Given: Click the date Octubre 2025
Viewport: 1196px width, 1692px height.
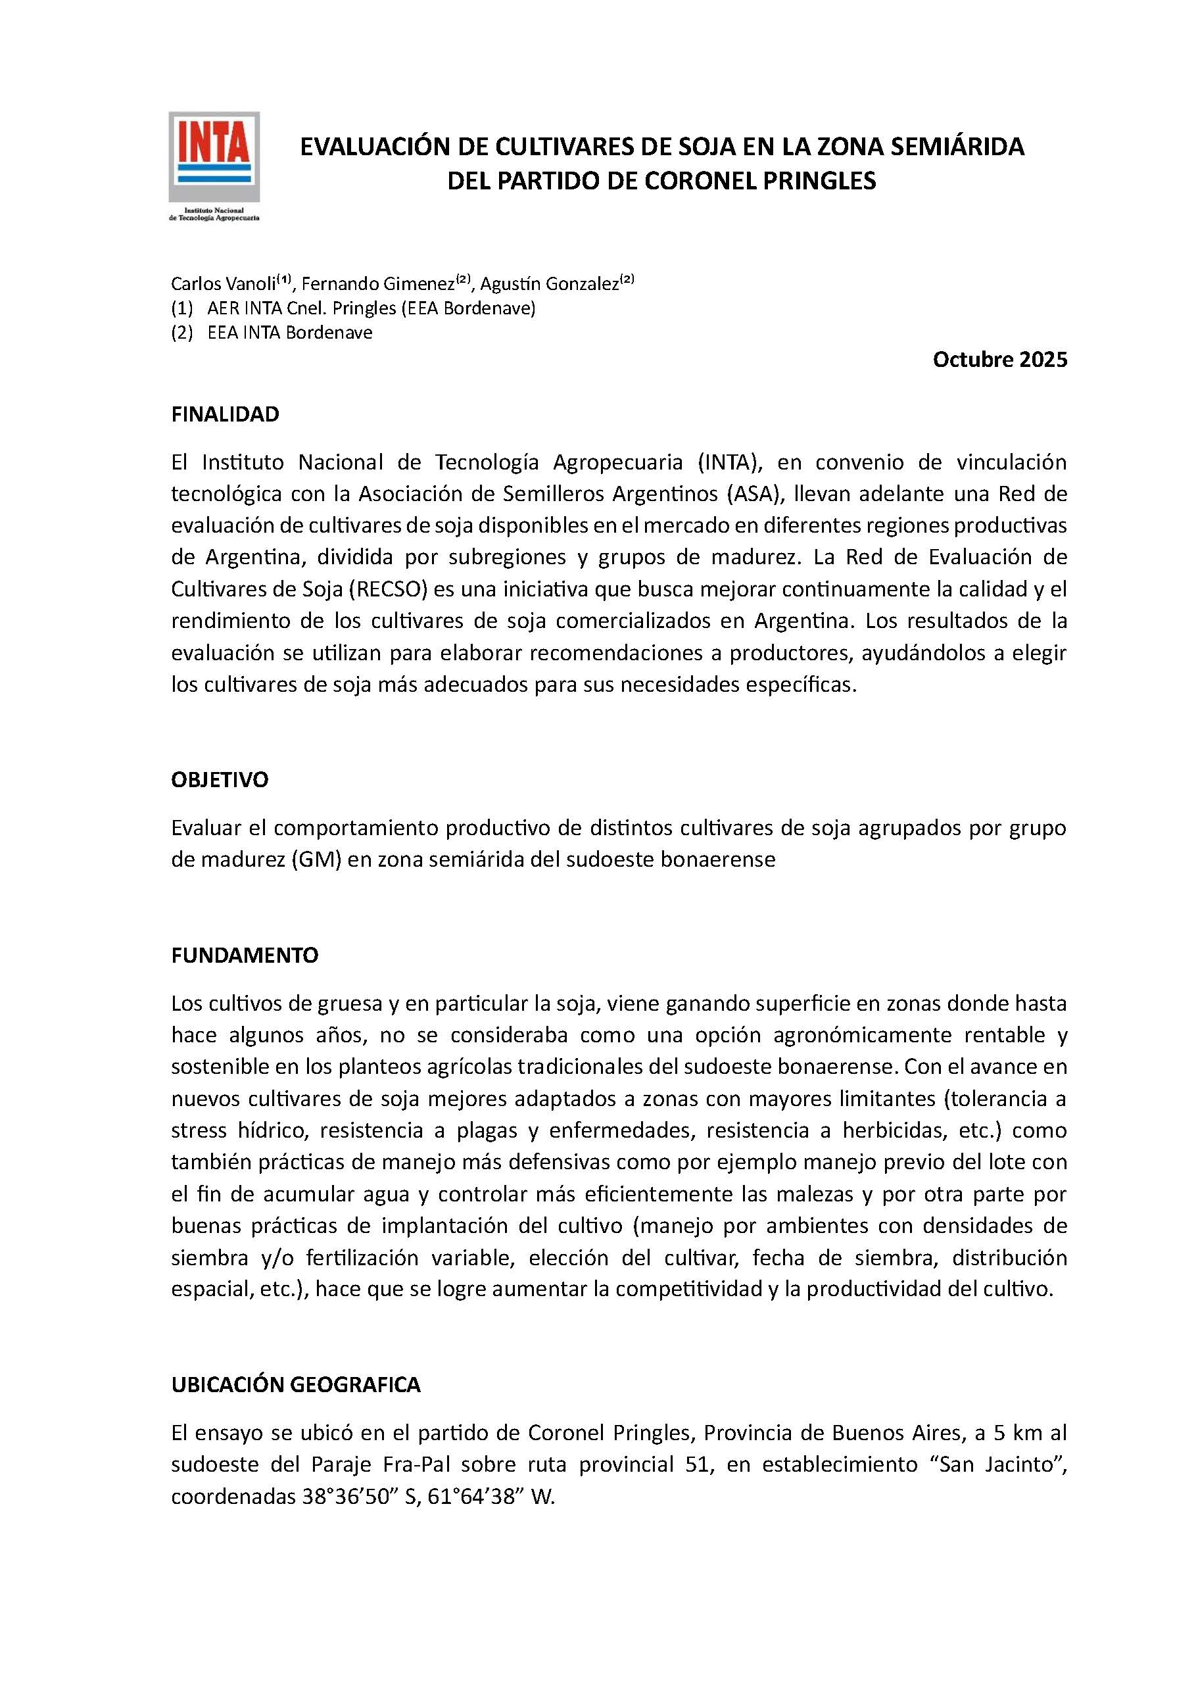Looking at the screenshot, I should point(999,360).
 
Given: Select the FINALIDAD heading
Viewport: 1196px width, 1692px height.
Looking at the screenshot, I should point(225,415).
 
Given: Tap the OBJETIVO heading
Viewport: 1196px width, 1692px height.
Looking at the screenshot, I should point(220,780).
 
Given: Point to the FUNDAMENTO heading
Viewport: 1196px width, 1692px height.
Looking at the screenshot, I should point(245,955).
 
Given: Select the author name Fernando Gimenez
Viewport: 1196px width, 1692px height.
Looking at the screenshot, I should point(378,283).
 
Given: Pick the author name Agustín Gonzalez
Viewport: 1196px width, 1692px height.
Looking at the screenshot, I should point(549,283).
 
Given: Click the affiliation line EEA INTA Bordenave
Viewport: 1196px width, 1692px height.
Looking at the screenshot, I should point(289,332).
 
